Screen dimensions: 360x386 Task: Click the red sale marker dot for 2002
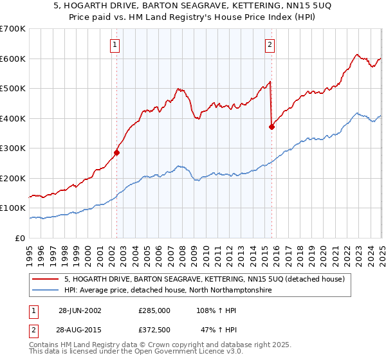pyautogui.click(x=117, y=153)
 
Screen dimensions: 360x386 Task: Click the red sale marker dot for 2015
pyautogui.click(x=271, y=127)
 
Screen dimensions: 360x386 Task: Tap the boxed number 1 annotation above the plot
pyautogui.click(x=115, y=45)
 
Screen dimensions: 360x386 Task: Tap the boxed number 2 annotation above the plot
pyautogui.click(x=269, y=45)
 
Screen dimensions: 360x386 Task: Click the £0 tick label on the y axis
pyautogui.click(x=20, y=238)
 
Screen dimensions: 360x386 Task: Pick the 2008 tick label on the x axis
pyautogui.click(x=182, y=251)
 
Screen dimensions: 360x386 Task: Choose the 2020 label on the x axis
pyautogui.click(x=323, y=251)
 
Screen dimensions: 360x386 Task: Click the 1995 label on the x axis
pyautogui.click(x=30, y=251)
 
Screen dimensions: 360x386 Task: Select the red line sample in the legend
pyautogui.click(x=47, y=279)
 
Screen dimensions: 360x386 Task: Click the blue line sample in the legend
pyautogui.click(x=47, y=290)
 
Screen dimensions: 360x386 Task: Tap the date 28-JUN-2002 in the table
pyautogui.click(x=80, y=310)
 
